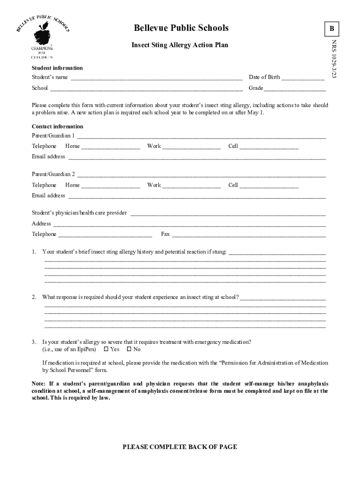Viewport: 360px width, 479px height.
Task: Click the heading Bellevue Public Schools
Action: pos(181,28)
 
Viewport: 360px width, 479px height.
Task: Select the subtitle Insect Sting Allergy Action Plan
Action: pos(180,45)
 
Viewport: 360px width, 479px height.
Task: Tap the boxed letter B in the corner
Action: pos(331,29)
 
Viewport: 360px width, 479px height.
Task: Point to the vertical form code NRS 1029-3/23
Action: pos(334,58)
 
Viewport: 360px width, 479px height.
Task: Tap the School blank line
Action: pos(146,89)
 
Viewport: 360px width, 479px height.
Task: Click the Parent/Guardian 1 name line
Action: pos(201,137)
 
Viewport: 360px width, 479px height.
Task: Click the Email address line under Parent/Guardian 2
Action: pos(197,196)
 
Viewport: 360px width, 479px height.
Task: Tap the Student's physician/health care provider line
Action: pos(228,214)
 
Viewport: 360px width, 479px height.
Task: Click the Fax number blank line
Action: pos(249,235)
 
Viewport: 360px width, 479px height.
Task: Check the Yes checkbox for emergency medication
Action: pos(106,349)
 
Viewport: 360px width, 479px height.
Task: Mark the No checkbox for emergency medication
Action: pos(129,349)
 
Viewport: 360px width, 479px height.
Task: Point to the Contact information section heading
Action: pos(58,126)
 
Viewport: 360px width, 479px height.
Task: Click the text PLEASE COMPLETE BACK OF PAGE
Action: pos(180,447)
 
